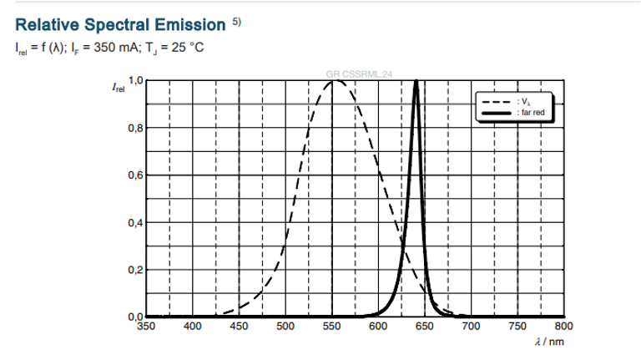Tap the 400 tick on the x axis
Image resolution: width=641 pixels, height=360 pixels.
pos(193,327)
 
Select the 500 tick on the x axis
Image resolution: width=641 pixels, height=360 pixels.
pos(285,327)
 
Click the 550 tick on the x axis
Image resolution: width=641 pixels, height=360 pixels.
pos(331,327)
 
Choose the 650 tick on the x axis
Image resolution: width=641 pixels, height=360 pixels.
pos(424,327)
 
